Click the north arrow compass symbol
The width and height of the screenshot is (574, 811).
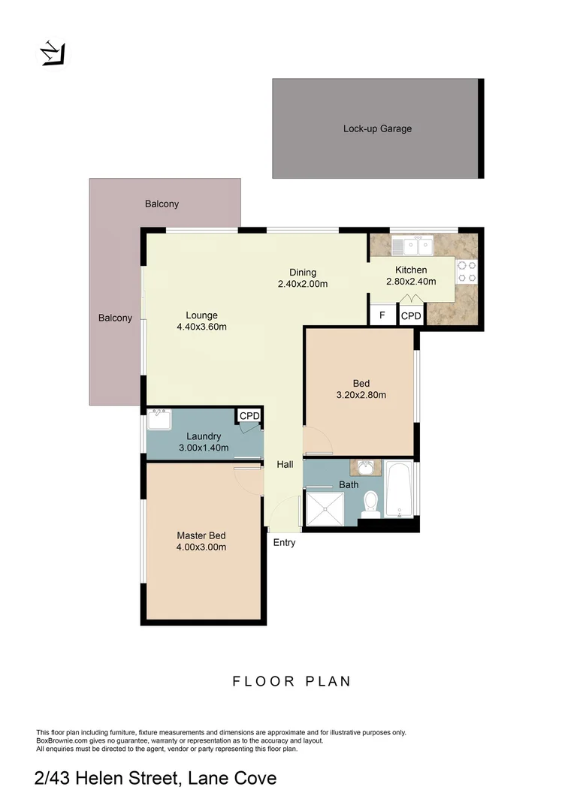[53, 53]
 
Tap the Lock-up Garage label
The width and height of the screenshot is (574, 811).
[377, 128]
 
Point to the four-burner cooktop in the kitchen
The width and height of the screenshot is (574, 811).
[467, 271]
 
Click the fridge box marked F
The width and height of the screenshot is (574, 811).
[382, 315]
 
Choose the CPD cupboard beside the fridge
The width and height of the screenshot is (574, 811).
[411, 316]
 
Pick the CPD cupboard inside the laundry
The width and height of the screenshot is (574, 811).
[249, 416]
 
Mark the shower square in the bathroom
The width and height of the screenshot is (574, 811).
[325, 508]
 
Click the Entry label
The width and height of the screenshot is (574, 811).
[285, 543]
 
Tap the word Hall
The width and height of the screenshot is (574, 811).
[285, 466]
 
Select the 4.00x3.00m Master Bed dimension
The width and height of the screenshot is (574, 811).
[201, 547]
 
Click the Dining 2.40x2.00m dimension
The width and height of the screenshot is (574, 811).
[303, 284]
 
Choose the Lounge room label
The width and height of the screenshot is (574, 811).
[201, 315]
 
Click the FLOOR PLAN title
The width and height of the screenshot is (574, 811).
[292, 682]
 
